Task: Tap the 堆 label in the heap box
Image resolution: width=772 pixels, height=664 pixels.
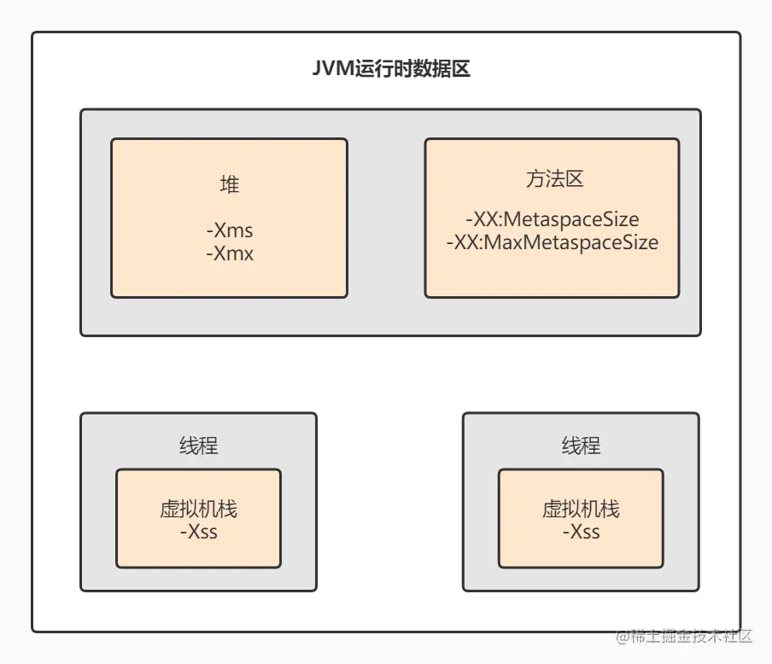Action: (229, 184)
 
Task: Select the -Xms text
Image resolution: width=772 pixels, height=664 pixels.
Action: (229, 230)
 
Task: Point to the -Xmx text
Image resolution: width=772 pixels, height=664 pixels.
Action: (229, 253)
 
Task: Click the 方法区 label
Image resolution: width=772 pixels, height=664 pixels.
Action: (553, 179)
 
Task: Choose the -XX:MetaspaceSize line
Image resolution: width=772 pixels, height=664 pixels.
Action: (552, 219)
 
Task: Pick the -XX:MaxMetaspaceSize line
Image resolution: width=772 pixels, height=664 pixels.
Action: (552, 242)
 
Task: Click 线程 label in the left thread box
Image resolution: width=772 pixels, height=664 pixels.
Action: (198, 445)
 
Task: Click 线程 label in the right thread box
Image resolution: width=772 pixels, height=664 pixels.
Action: (581, 445)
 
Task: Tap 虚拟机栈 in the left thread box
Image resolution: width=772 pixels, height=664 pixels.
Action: (198, 510)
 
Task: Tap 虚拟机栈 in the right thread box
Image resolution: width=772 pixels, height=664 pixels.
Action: (581, 510)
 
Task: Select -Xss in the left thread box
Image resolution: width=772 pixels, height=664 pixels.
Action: (198, 532)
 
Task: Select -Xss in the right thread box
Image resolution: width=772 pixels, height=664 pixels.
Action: (581, 532)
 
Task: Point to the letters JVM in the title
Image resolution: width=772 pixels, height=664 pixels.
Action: (328, 69)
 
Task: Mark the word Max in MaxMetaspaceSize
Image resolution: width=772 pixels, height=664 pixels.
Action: (504, 242)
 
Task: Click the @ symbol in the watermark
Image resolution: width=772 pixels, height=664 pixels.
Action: (625, 636)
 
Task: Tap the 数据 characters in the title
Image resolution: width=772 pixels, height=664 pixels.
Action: (432, 69)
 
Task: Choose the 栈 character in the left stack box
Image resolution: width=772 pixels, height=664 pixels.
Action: (227, 510)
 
